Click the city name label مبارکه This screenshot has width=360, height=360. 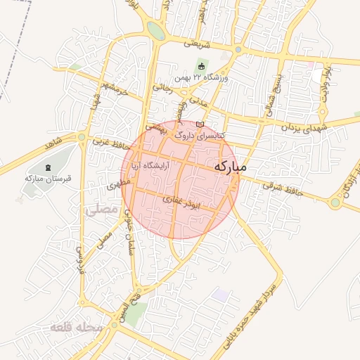point(230,168)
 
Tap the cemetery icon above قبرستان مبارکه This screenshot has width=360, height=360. point(48,167)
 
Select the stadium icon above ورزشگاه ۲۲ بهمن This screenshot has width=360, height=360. point(201,67)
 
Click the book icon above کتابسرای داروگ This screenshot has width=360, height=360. point(200,124)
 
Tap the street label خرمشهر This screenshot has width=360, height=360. point(114,89)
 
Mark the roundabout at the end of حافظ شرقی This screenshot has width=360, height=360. point(335,202)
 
